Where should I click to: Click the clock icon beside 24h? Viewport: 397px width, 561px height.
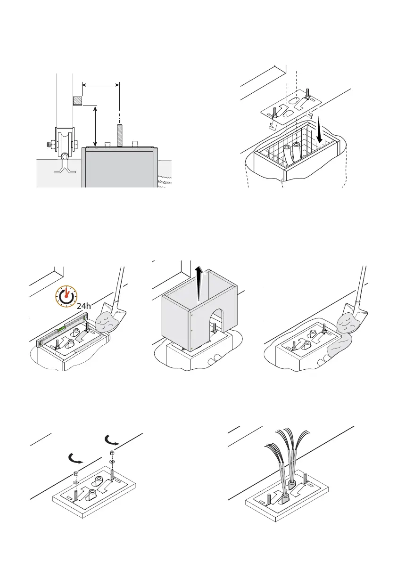click(x=67, y=296)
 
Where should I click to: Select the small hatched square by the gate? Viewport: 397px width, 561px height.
click(x=77, y=101)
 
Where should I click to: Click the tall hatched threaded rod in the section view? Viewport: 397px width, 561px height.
click(x=120, y=135)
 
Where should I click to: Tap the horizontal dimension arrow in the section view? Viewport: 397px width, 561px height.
click(x=101, y=85)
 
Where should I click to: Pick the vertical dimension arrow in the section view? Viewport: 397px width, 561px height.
click(x=96, y=125)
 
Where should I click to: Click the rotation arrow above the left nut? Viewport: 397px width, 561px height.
click(x=75, y=457)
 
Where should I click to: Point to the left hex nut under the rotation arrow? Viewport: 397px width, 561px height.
click(x=75, y=473)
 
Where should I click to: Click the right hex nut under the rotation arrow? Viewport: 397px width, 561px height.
click(x=111, y=453)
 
